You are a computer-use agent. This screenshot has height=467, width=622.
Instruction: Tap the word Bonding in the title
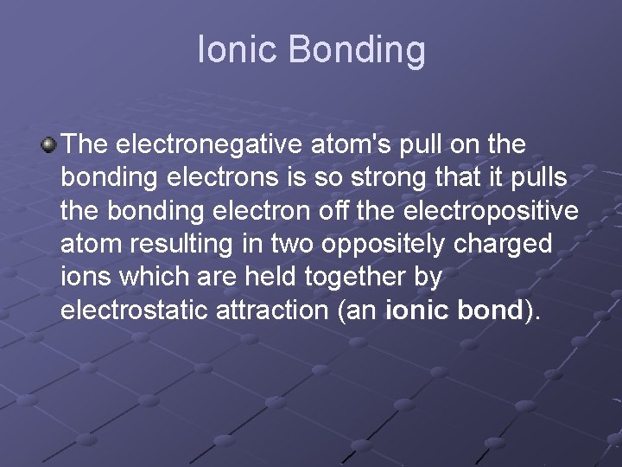pyautogui.click(x=358, y=51)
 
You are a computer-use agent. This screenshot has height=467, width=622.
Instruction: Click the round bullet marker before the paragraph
pyautogui.click(x=50, y=143)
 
